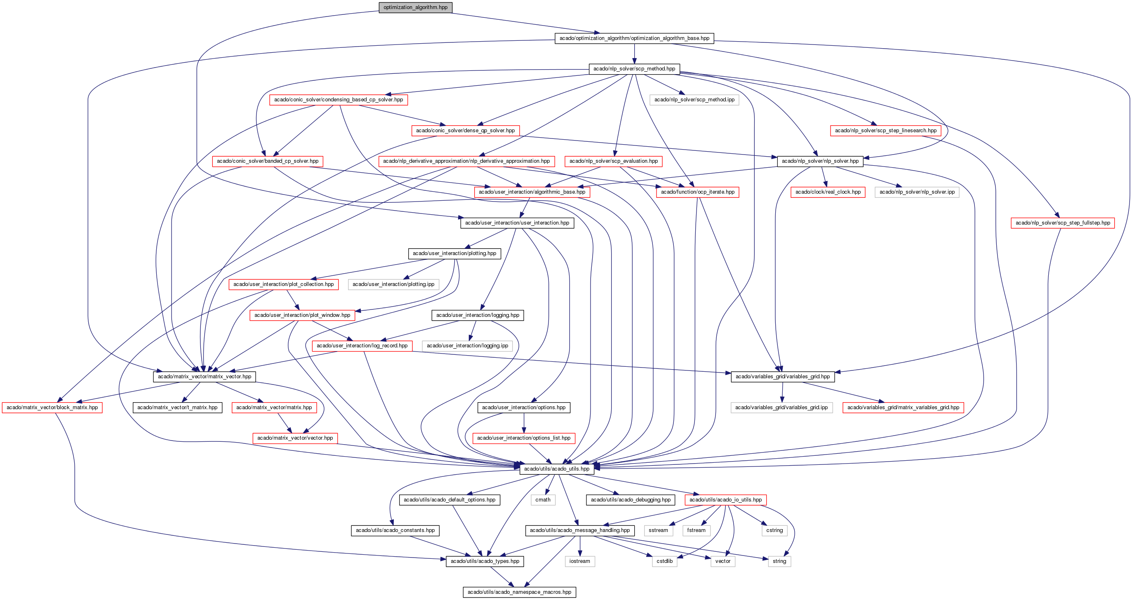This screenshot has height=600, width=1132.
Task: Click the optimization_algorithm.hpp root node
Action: pyautogui.click(x=415, y=7)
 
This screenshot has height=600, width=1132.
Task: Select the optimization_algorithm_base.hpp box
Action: pyautogui.click(x=634, y=38)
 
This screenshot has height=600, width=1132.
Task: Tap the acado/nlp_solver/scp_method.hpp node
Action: pyautogui.click(x=634, y=69)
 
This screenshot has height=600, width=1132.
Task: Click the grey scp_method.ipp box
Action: pyautogui.click(x=694, y=100)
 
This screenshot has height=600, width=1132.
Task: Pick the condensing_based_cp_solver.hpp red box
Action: pyautogui.click(x=339, y=100)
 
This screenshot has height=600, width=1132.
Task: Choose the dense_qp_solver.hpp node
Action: pyautogui.click(x=465, y=131)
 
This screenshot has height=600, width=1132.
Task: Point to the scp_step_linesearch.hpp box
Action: pyautogui.click(x=885, y=131)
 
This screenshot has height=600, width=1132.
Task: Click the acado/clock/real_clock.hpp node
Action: pyautogui.click(x=828, y=192)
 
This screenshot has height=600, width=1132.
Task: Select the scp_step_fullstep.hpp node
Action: pyautogui.click(x=1063, y=223)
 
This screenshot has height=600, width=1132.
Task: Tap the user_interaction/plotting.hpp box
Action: pyautogui.click(x=454, y=253)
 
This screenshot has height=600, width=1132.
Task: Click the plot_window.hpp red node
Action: pyautogui.click(x=302, y=315)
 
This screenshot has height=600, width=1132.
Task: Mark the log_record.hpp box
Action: pyautogui.click(x=362, y=346)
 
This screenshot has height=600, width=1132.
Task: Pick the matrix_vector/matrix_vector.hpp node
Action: pyautogui.click(x=205, y=376)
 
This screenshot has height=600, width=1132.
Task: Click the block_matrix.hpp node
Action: pyautogui.click(x=52, y=407)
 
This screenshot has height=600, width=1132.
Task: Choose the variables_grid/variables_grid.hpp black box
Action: pyautogui.click(x=783, y=376)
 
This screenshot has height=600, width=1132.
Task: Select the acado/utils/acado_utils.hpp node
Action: pyautogui.click(x=557, y=469)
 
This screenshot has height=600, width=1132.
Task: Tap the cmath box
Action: pyautogui.click(x=543, y=499)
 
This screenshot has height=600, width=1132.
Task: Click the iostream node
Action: pyautogui.click(x=580, y=561)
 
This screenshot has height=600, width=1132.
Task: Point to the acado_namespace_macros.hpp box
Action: pyautogui.click(x=520, y=592)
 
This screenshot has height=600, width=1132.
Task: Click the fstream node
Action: pyautogui.click(x=697, y=530)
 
